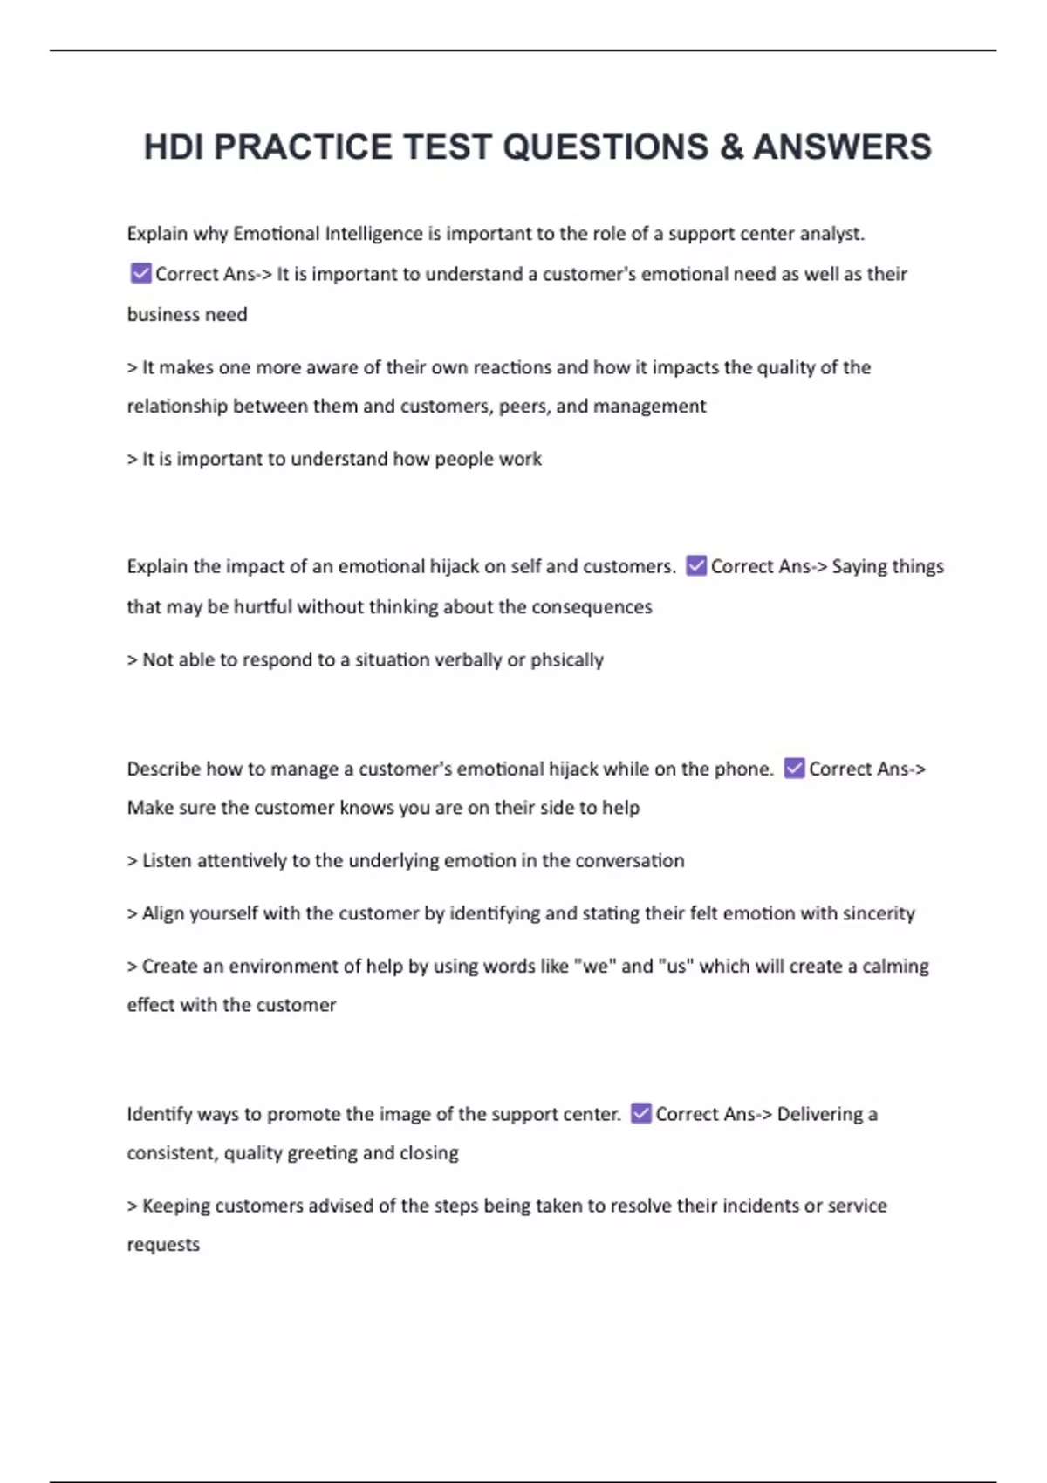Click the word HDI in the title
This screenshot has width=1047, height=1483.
(x=174, y=147)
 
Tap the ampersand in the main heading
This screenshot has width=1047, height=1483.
(x=731, y=147)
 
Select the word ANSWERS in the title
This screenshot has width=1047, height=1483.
(x=842, y=147)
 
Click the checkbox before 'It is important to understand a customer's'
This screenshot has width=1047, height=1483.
(x=140, y=274)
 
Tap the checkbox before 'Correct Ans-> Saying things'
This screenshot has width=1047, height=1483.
(x=696, y=566)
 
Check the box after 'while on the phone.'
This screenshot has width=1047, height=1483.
(x=794, y=769)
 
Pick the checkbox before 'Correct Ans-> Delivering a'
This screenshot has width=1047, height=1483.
(x=641, y=1114)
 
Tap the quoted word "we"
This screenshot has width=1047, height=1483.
(x=594, y=967)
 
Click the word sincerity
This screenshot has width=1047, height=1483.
(x=879, y=913)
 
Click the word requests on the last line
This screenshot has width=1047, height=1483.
(x=163, y=1245)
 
